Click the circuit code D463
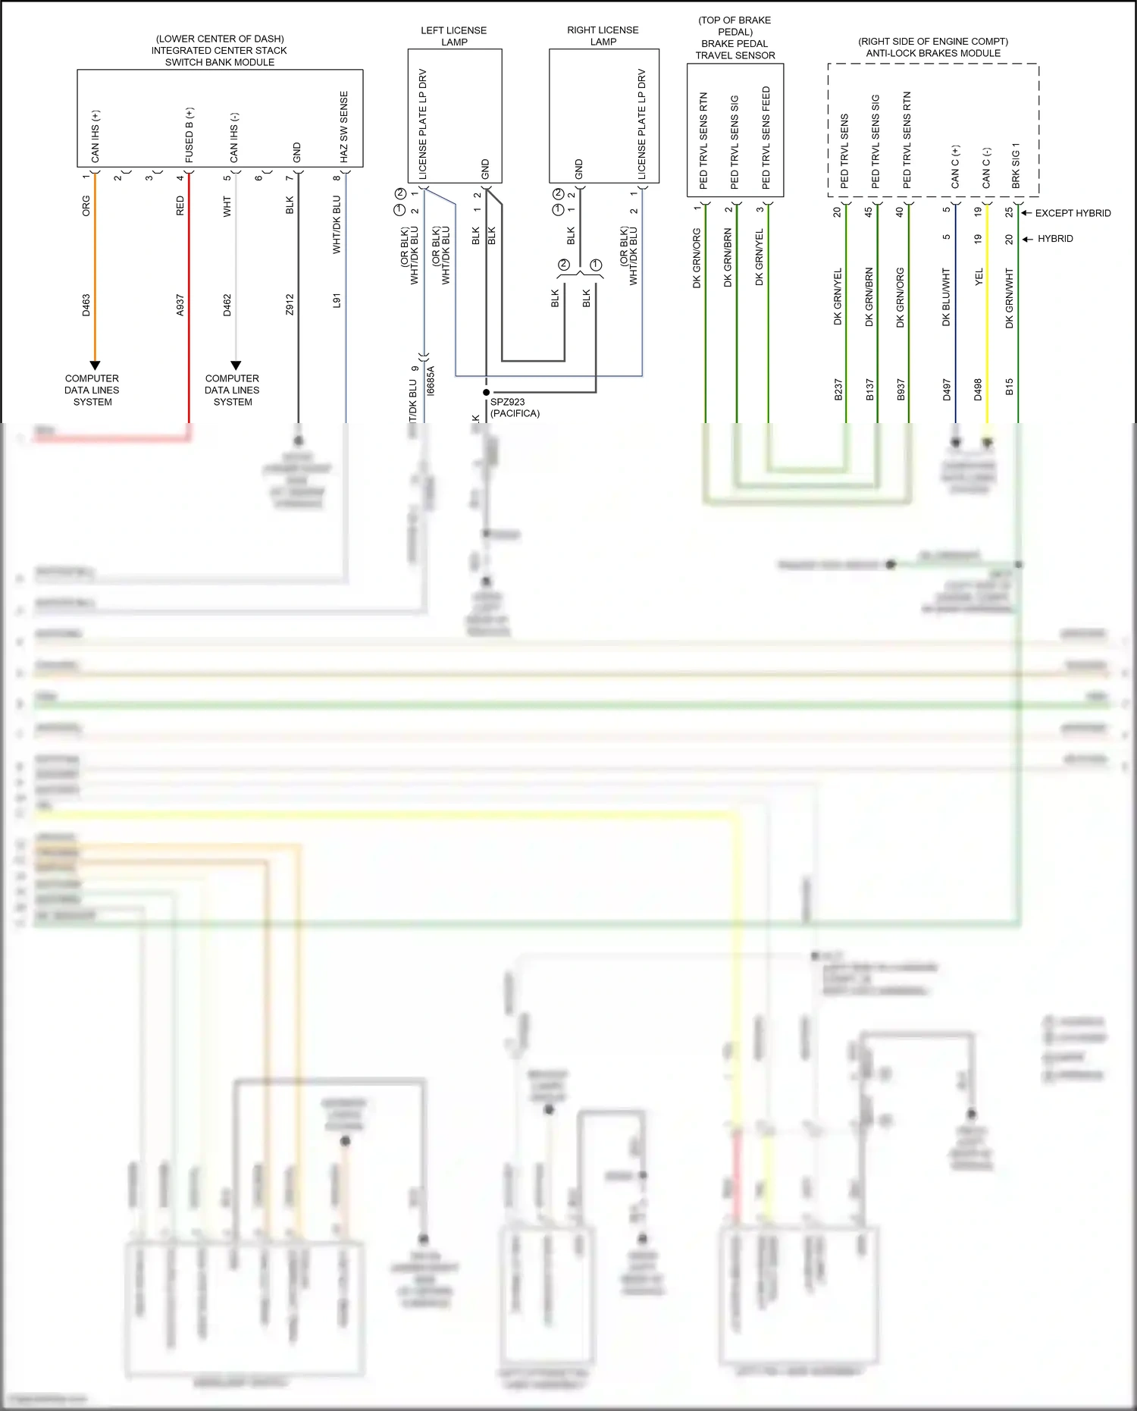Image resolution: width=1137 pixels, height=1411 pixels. click(x=86, y=305)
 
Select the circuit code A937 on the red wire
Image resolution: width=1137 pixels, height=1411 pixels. click(x=180, y=305)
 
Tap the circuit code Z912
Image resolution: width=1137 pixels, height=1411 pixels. click(x=290, y=305)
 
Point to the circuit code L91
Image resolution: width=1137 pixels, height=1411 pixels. click(x=337, y=301)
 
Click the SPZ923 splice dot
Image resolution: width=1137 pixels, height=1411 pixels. click(x=486, y=393)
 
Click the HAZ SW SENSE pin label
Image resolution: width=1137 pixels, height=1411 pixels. click(x=344, y=127)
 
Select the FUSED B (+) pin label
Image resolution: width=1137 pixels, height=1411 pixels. click(x=189, y=135)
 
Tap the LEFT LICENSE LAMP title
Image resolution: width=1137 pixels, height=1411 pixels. click(x=454, y=36)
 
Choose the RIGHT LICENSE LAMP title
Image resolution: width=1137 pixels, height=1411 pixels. click(x=603, y=36)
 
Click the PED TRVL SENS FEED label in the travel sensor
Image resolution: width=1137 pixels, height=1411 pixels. click(x=766, y=137)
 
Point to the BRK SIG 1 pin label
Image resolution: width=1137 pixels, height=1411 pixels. click(x=1016, y=165)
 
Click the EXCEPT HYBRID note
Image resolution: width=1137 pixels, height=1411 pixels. click(x=1073, y=213)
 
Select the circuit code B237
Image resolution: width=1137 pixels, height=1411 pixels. click(x=838, y=389)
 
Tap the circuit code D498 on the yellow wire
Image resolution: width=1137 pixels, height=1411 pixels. click(x=978, y=389)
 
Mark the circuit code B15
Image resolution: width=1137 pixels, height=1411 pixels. click(x=1010, y=387)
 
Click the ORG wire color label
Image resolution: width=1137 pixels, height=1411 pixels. click(x=86, y=206)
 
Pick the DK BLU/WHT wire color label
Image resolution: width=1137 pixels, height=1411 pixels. click(x=946, y=297)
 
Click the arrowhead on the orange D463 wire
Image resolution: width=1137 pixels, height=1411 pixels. click(x=95, y=365)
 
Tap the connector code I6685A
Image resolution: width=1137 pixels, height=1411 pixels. click(x=431, y=381)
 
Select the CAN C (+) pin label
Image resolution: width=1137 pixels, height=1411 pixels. click(x=955, y=167)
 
